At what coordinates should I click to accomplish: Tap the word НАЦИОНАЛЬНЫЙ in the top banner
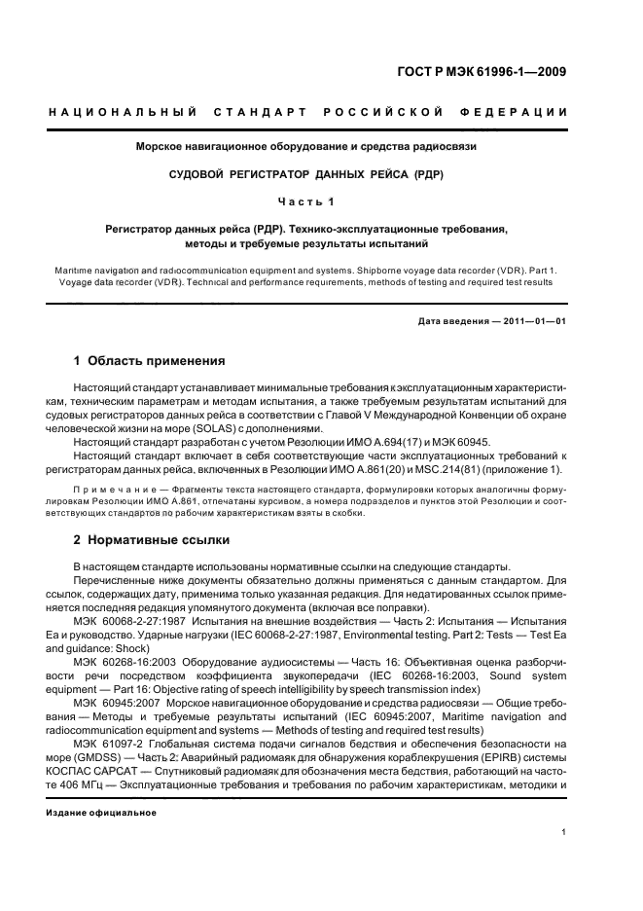click(x=124, y=112)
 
